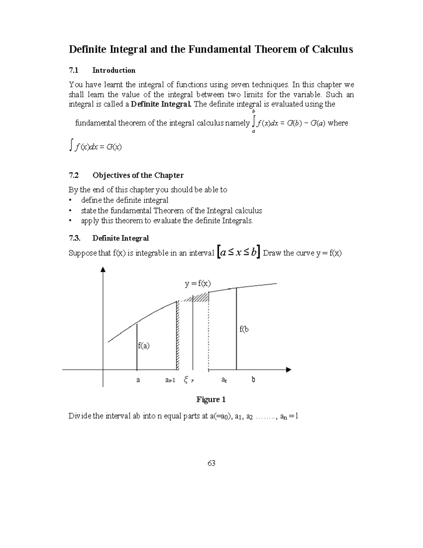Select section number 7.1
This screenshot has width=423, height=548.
(73, 70)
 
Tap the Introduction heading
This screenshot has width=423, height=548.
(114, 70)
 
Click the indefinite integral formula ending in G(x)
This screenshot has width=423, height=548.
(96, 146)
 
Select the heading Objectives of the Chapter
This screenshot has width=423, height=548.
(138, 175)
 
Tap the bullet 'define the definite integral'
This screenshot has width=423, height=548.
(124, 200)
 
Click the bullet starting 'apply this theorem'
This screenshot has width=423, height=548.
(167, 221)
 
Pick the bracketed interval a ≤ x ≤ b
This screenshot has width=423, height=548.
(239, 252)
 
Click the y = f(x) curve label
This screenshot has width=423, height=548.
(198, 283)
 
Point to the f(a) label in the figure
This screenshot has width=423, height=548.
(144, 346)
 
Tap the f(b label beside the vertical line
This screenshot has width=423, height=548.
(244, 329)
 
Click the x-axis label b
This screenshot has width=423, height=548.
(253, 380)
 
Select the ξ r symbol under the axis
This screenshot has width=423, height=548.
(189, 380)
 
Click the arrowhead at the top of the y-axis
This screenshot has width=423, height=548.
(103, 270)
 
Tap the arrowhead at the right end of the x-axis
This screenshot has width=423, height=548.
(289, 370)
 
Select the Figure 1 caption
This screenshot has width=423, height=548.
(211, 399)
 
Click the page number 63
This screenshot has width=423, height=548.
(211, 463)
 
